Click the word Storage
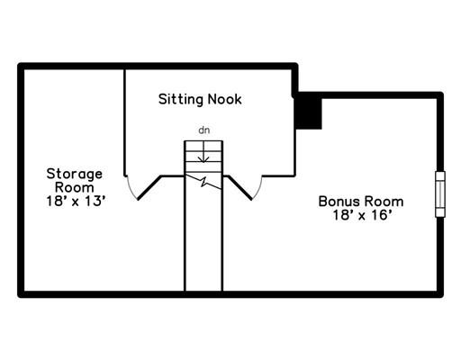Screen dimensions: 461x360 [x=75, y=175]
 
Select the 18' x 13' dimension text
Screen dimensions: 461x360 [x=77, y=201]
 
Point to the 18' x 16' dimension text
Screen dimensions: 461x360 [x=363, y=215]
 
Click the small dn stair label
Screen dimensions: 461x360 [x=204, y=130]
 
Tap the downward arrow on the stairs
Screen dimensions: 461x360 [x=203, y=152]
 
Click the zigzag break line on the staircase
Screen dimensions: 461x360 [x=203, y=181]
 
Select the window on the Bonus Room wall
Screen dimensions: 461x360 [x=440, y=194]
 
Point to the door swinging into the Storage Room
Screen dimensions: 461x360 [x=149, y=188]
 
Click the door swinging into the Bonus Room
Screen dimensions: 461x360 [x=240, y=188]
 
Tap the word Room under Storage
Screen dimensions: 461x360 [x=75, y=188]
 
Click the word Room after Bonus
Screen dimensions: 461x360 [x=384, y=202]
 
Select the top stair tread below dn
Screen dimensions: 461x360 [x=203, y=147]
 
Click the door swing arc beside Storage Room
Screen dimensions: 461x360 [x=131, y=189]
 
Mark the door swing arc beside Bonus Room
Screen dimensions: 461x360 [x=258, y=189]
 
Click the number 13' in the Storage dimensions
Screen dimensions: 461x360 [x=95, y=201]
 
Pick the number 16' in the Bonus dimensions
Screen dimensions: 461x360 [x=382, y=215]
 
